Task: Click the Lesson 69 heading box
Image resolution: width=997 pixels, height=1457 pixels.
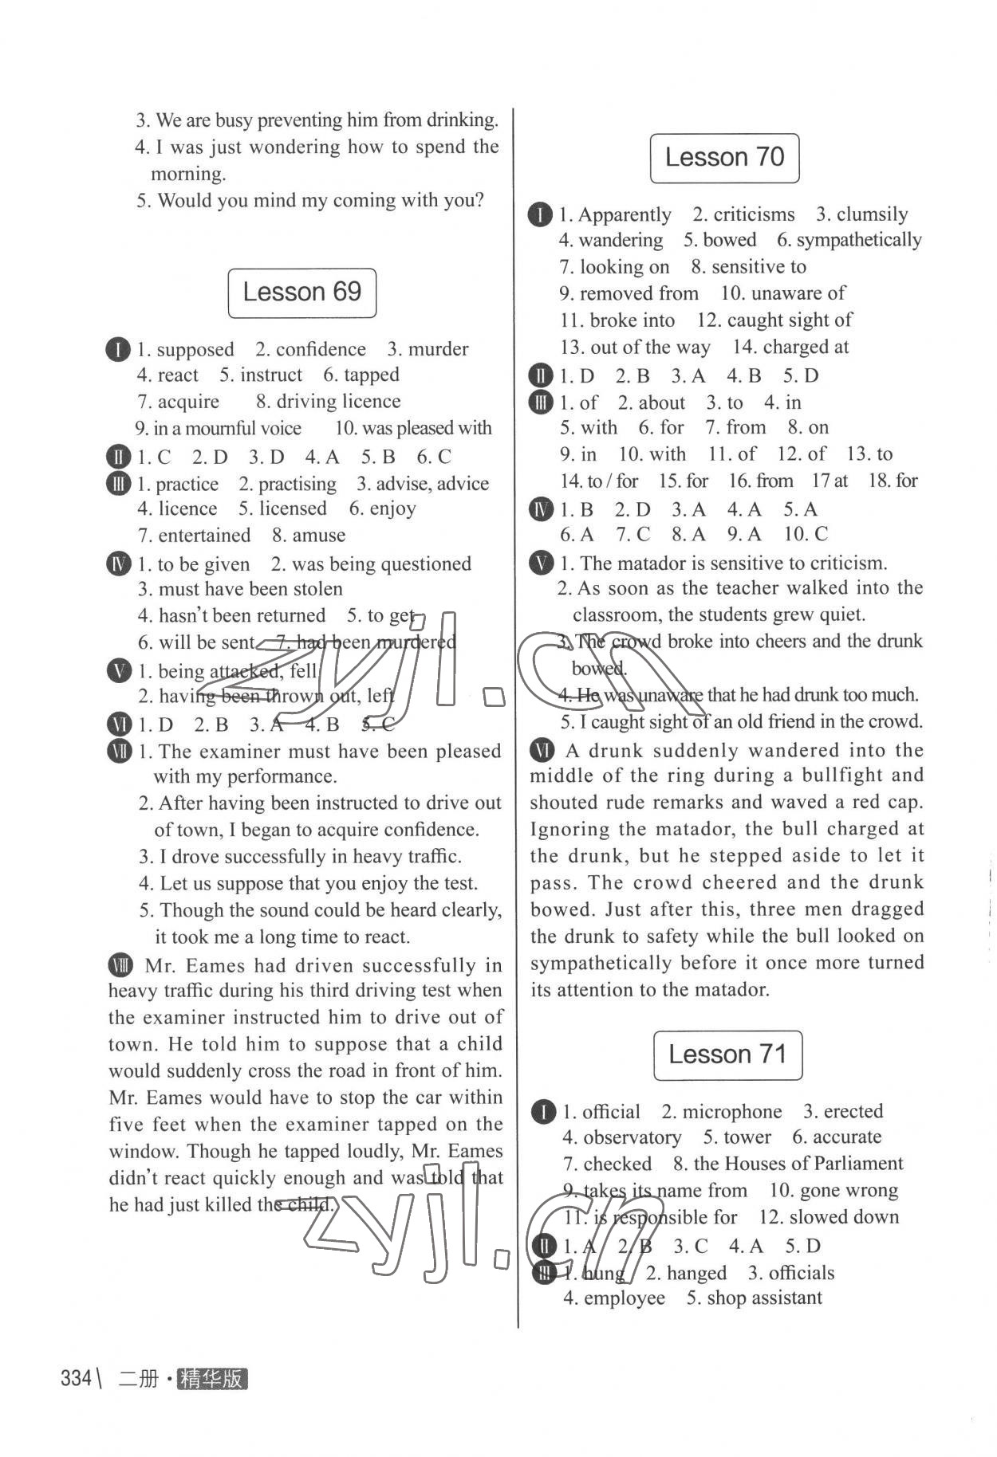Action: tap(301, 293)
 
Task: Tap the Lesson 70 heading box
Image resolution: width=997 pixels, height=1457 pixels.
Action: tap(724, 158)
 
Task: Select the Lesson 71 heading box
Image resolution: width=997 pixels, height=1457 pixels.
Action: tap(727, 1055)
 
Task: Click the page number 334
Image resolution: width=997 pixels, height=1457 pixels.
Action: tap(77, 1378)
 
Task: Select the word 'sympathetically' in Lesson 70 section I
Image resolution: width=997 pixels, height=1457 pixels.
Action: tap(859, 240)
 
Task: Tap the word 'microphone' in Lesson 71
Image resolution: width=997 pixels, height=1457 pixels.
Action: tap(732, 1112)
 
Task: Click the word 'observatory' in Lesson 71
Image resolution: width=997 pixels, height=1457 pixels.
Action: tap(632, 1137)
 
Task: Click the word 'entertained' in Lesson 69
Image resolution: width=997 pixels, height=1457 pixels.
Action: tap(204, 536)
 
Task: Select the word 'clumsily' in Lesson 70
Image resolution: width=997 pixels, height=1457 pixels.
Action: tap(872, 215)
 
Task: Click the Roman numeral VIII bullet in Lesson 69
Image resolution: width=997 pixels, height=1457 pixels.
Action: tap(120, 966)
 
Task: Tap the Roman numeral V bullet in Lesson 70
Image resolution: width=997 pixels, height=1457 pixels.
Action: tap(541, 564)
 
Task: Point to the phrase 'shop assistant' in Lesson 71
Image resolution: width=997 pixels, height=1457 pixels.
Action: tap(764, 1298)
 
